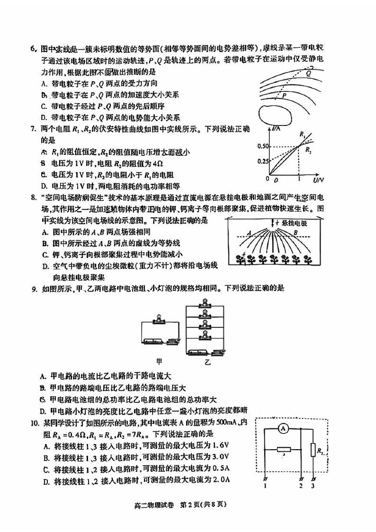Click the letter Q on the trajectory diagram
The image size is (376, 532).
308,73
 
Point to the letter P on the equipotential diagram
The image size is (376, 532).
285,95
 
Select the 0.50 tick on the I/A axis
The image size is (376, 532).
263,146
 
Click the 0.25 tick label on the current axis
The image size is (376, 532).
263,161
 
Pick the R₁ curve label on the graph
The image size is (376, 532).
302,134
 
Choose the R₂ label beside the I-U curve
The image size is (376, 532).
309,151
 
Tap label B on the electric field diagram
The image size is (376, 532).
295,232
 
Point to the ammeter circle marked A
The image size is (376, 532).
283,428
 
